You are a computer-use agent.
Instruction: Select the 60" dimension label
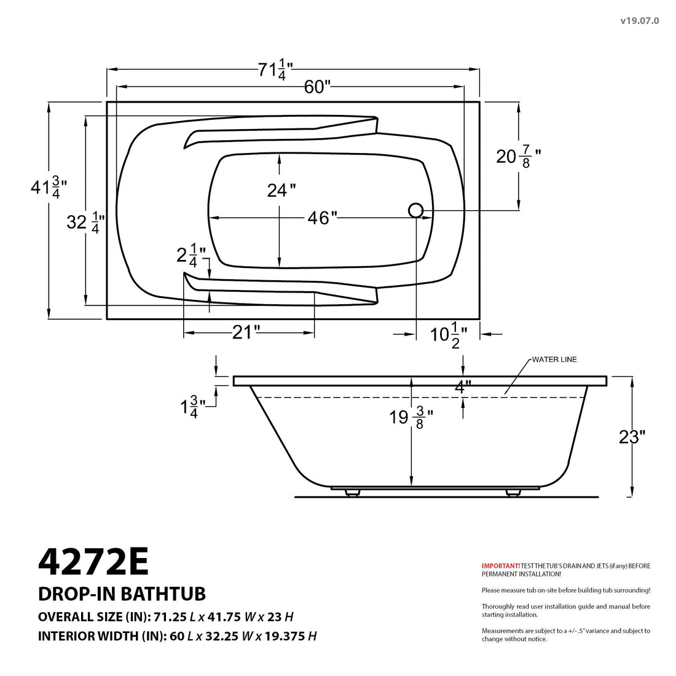[318, 87]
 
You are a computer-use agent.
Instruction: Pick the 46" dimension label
[322, 218]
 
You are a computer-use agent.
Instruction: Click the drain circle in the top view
[415, 210]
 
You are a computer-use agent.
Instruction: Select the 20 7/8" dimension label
[518, 157]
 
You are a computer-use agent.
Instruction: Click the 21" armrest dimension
[246, 332]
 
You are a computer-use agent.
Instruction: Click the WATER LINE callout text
[554, 360]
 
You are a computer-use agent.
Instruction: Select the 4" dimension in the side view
[463, 387]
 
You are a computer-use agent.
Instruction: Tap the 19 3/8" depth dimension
[411, 418]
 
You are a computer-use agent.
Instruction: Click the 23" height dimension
[632, 437]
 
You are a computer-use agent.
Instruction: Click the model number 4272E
[93, 560]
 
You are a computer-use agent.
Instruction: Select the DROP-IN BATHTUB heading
[122, 594]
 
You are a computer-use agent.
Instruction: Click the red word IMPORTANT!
[500, 565]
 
